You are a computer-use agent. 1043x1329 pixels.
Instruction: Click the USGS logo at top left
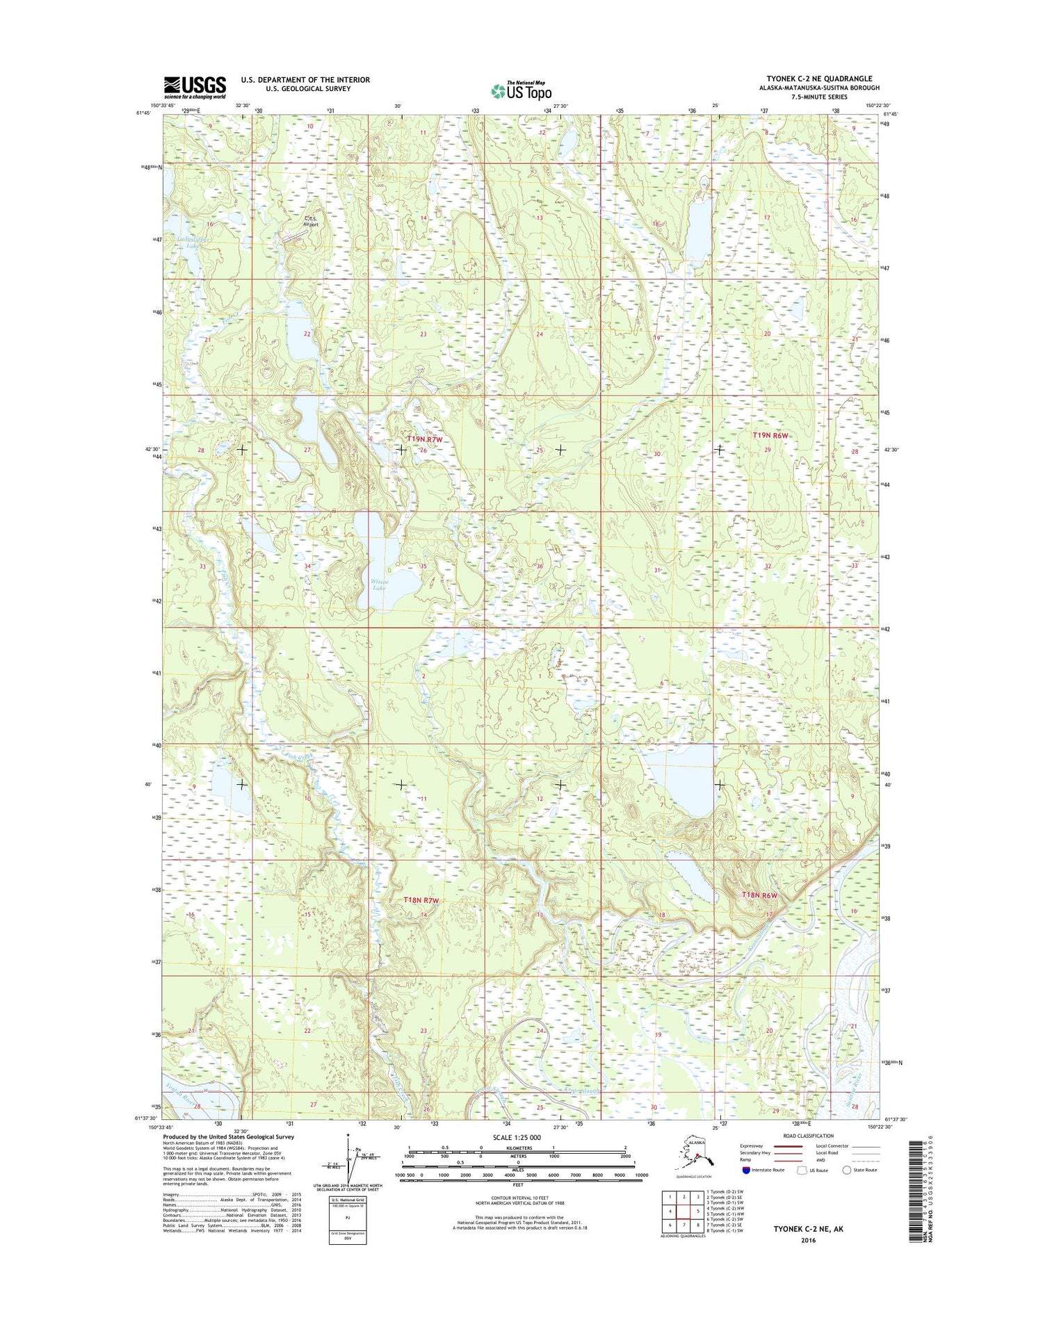coord(195,87)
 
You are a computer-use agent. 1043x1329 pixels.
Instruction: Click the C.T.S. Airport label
coord(311,221)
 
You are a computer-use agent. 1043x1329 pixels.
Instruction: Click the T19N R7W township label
coord(424,439)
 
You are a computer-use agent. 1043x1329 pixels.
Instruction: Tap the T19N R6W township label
coord(771,435)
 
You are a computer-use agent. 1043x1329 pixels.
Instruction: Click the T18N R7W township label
coord(422,900)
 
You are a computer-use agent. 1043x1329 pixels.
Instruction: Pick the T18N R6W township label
coord(759,895)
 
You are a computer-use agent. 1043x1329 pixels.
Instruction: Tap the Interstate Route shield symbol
coord(746,1170)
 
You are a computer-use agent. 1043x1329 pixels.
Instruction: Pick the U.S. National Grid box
coord(347,1221)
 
